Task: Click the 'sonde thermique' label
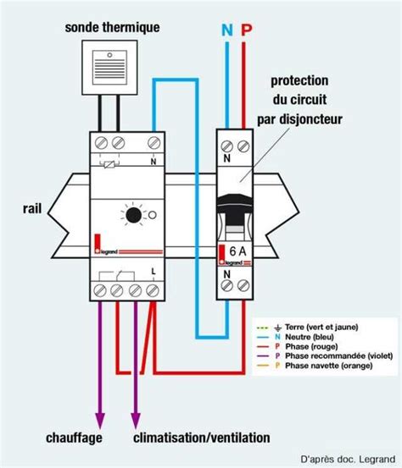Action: [x=113, y=28]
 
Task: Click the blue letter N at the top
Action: [x=226, y=30]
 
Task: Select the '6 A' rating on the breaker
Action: [x=237, y=251]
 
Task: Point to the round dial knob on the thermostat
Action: [x=133, y=217]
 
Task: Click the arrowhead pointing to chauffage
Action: [x=100, y=420]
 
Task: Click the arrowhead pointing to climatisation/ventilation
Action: [x=134, y=420]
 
